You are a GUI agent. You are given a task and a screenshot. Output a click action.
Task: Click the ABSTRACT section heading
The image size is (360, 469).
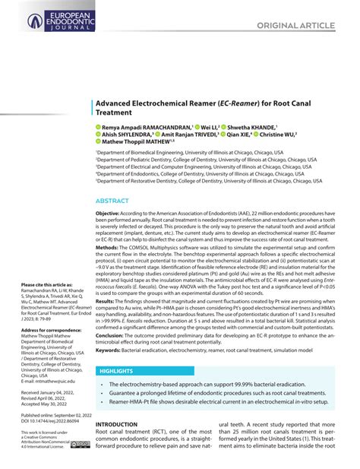(112, 201)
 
